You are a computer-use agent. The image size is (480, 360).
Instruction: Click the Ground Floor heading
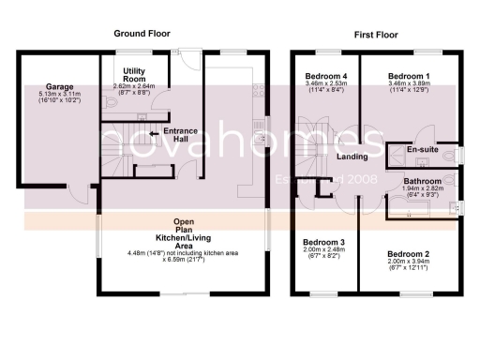pos(142,33)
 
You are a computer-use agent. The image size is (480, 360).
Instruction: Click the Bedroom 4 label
pos(326,75)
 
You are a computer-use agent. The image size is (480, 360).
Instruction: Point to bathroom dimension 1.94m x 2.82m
pos(422,189)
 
